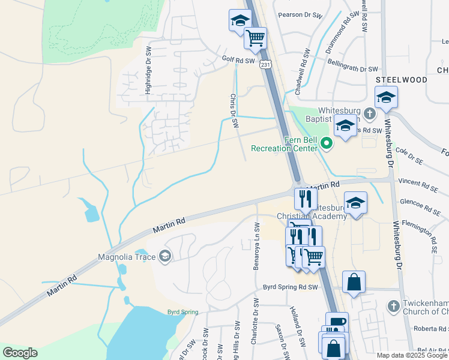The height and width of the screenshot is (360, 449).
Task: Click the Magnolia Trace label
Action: click(x=126, y=257)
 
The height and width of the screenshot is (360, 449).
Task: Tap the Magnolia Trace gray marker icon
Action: click(x=164, y=257)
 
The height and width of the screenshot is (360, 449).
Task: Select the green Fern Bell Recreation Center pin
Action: click(x=327, y=143)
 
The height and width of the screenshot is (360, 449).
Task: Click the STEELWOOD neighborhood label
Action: click(x=402, y=80)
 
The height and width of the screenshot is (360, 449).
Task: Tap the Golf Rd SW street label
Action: click(x=238, y=60)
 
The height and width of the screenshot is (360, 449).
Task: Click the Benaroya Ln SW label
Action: click(x=256, y=246)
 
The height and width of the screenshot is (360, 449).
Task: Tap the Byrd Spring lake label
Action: click(x=182, y=312)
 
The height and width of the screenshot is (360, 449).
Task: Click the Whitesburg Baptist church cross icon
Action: click(x=370, y=112)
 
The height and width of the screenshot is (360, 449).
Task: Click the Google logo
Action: click(x=20, y=353)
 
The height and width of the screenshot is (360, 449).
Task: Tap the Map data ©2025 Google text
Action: click(x=412, y=355)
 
